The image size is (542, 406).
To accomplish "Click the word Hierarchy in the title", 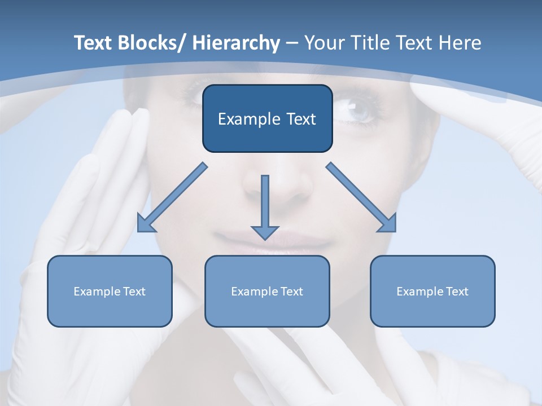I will click(236, 43).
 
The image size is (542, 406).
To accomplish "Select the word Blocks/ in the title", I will click(152, 43).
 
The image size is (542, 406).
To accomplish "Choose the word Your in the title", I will click(322, 43).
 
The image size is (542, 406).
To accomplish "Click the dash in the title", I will click(292, 44).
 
